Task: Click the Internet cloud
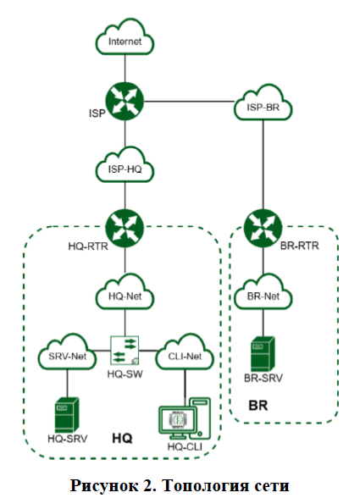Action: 125,37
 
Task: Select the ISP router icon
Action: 125,101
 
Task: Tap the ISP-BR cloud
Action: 263,103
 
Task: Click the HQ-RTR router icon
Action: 125,229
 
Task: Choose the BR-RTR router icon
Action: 263,229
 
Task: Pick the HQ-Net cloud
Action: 125,292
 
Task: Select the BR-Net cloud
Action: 263,292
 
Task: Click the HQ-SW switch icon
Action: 125,351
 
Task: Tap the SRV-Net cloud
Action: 67,352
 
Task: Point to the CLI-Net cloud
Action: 185,352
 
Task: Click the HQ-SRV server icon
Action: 67,415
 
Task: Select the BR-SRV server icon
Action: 263,354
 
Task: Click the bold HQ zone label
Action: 122,439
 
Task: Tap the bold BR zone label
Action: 258,406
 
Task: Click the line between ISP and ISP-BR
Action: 189,102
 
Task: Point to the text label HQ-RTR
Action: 88,246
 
